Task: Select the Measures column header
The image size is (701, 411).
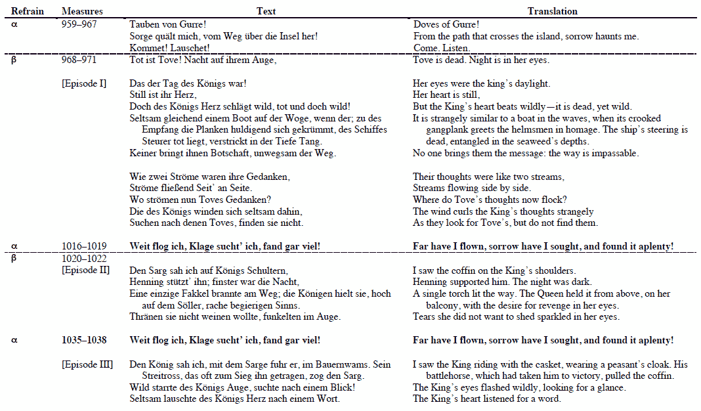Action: pyautogui.click(x=78, y=11)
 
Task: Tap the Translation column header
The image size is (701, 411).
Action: pyautogui.click(x=552, y=11)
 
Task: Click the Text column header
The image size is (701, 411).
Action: pyautogui.click(x=266, y=11)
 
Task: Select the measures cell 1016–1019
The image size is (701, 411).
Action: pyautogui.click(x=84, y=246)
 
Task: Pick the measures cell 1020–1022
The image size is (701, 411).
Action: pyautogui.click(x=84, y=259)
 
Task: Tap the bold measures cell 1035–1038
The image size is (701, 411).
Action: pyautogui.click(x=84, y=340)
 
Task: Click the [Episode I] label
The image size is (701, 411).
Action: pyautogui.click(x=84, y=83)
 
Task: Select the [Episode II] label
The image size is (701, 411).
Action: pyautogui.click(x=85, y=270)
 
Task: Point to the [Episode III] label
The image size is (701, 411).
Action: pyautogui.click(x=87, y=364)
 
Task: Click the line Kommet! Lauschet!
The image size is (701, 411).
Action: pyautogui.click(x=169, y=48)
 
